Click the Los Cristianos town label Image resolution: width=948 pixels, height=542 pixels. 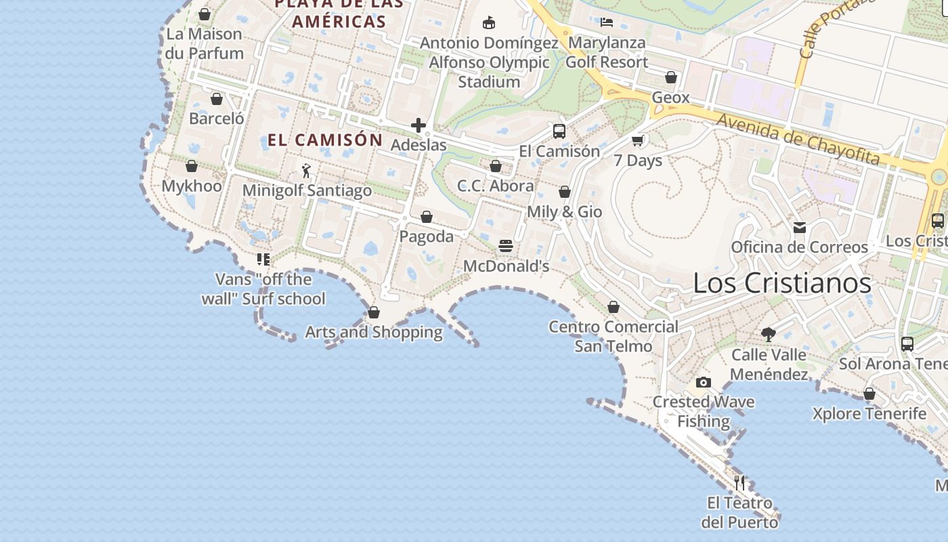[782, 283]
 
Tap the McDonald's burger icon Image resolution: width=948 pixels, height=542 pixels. [506, 246]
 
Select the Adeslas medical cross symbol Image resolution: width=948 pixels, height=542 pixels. [418, 125]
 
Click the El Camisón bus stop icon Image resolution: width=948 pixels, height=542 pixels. [559, 131]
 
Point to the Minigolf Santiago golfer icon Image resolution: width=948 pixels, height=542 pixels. [306, 171]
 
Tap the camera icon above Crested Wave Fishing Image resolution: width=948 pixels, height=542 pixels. [704, 383]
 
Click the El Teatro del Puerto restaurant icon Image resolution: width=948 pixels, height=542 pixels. [739, 483]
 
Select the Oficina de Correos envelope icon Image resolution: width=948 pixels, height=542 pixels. [800, 228]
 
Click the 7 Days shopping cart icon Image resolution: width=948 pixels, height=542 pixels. [637, 141]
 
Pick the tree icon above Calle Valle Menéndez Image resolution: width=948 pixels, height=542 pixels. [768, 334]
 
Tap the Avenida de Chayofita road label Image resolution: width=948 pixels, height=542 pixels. [798, 140]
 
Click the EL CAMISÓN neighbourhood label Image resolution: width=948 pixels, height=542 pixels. [325, 140]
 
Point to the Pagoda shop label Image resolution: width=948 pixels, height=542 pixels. [427, 236]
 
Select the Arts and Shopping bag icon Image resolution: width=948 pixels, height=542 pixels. [373, 312]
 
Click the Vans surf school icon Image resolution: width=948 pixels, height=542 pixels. [263, 259]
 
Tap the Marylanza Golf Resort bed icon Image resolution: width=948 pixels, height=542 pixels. [607, 22]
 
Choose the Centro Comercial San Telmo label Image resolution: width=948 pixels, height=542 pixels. [613, 336]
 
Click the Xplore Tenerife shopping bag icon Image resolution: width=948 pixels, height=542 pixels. [869, 394]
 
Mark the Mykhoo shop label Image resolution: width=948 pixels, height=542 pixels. [192, 186]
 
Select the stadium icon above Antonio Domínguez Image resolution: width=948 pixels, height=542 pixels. [489, 23]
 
